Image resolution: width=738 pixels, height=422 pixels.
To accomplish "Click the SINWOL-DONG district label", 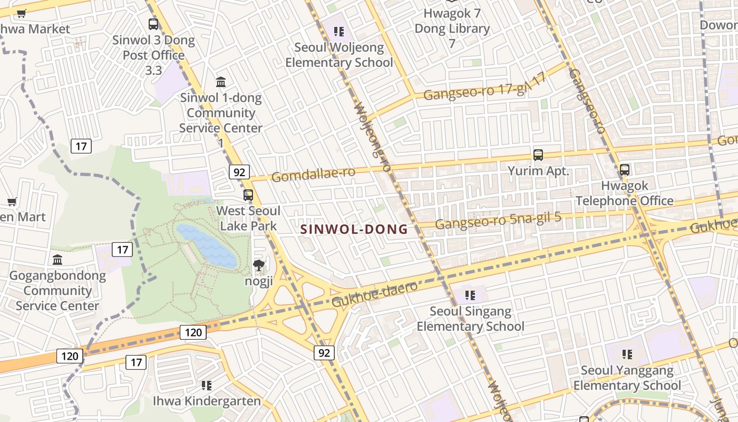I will pyautogui.click(x=354, y=229).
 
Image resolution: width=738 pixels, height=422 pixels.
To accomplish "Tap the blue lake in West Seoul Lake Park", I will pyautogui.click(x=206, y=245).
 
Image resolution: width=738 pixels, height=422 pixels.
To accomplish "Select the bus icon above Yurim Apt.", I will pyautogui.click(x=538, y=155).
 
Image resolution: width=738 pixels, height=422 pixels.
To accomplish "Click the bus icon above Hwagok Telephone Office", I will pyautogui.click(x=624, y=170).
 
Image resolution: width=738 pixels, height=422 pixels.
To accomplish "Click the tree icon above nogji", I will pyautogui.click(x=258, y=265).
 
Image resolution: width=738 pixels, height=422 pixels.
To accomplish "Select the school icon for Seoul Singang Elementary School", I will pyautogui.click(x=470, y=295).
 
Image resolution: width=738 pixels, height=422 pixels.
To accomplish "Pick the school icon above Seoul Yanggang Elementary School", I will pyautogui.click(x=627, y=354).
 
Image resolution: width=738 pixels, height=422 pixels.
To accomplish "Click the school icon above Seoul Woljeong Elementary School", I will pyautogui.click(x=338, y=32).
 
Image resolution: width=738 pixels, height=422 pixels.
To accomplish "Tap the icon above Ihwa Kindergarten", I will pyautogui.click(x=207, y=386).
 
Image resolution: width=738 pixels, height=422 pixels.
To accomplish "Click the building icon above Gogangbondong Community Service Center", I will pyautogui.click(x=57, y=260).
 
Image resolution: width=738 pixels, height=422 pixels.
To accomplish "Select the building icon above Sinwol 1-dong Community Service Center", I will pyautogui.click(x=221, y=82).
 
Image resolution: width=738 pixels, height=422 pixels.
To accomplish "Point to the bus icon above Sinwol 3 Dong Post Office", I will pyautogui.click(x=153, y=24).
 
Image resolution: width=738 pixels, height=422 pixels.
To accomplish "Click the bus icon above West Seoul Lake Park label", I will pyautogui.click(x=248, y=195).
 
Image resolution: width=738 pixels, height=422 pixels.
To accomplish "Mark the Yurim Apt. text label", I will pyautogui.click(x=538, y=171).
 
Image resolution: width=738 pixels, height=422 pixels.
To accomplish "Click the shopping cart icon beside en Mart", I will pyautogui.click(x=12, y=202).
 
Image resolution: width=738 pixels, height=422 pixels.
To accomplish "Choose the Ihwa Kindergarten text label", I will pyautogui.click(x=207, y=401).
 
